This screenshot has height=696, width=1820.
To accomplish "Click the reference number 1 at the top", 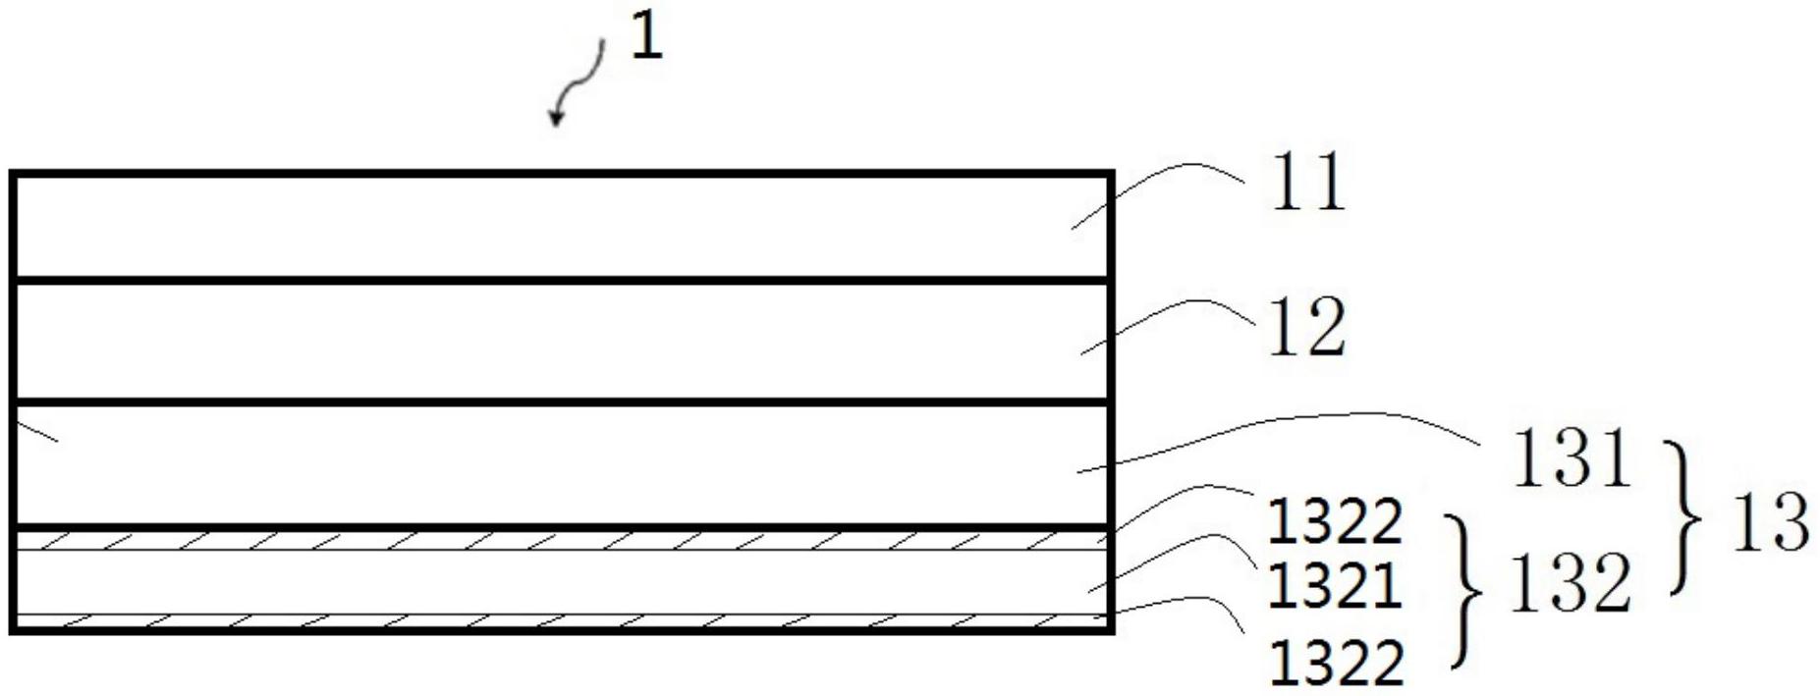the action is (x=645, y=37).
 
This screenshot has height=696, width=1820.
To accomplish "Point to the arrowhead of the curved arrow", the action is (x=557, y=118).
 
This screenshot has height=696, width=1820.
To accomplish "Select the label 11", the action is (x=1307, y=183).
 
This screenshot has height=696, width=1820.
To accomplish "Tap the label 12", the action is (x=1307, y=328).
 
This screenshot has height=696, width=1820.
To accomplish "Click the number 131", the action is (x=1571, y=458).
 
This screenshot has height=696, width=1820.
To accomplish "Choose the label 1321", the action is (x=1334, y=587).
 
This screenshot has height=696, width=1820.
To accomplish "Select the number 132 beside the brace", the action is (x=1569, y=583).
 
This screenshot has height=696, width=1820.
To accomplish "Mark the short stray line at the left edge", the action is (x=37, y=431).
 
